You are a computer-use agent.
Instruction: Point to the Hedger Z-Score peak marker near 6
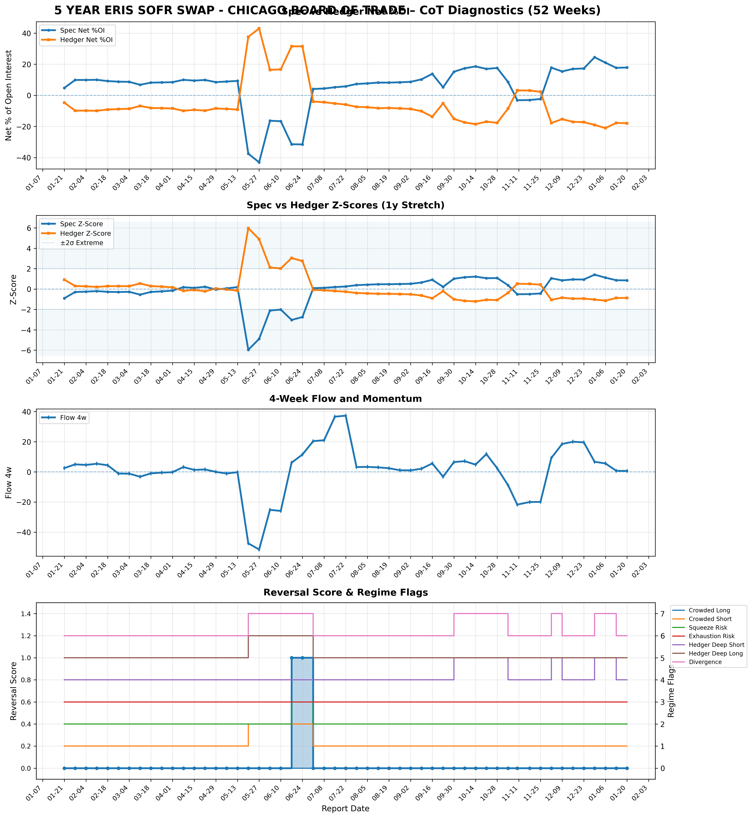tap(248, 228)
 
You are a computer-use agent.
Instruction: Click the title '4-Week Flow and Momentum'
tap(345, 399)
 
